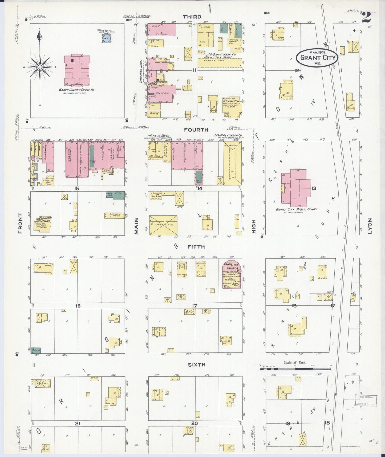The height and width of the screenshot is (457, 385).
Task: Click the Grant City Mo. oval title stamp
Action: (317, 57)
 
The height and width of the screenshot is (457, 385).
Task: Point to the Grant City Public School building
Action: (296, 188)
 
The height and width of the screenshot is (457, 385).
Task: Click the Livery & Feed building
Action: (163, 225)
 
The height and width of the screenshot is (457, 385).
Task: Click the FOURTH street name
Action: (196, 130)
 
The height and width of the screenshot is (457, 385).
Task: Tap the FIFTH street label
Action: (196, 247)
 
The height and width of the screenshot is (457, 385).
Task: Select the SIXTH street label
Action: (196, 364)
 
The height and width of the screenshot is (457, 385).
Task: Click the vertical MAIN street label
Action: (136, 226)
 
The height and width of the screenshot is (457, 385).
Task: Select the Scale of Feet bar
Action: (295, 369)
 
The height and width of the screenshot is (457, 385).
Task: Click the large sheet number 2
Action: (366, 18)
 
